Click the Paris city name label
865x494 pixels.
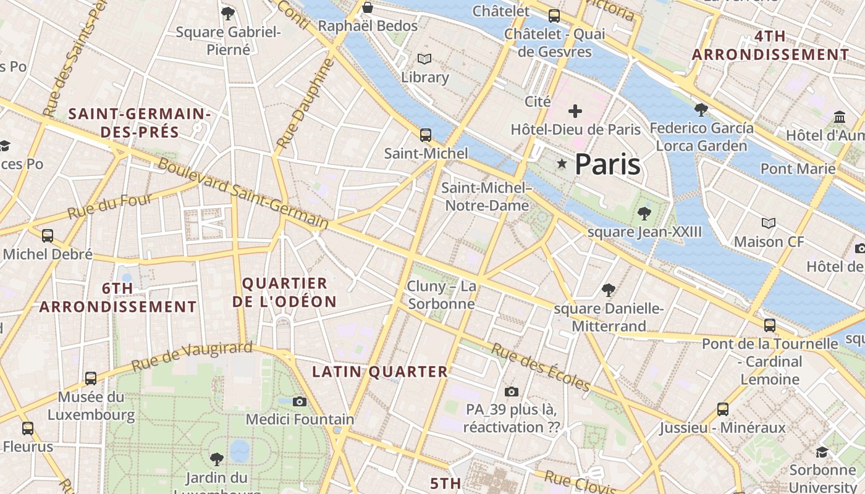607,164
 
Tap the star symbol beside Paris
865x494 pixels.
562,164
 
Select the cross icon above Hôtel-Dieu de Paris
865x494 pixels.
575,111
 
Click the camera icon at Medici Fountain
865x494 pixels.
300,402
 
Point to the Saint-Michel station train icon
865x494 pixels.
425,135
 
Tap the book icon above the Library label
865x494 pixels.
424,59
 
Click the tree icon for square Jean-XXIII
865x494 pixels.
644,214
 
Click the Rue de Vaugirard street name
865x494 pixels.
192,356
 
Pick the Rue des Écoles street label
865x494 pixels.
541,367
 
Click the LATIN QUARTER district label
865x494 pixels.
380,372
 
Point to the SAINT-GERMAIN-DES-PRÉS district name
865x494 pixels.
140,123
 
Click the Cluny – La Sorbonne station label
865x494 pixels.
441,295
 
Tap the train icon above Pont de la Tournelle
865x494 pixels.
769,325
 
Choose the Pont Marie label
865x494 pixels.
798,169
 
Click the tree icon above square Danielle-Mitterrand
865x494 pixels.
609,290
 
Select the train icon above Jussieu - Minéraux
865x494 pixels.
722,409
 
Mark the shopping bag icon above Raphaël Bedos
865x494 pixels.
368,7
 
